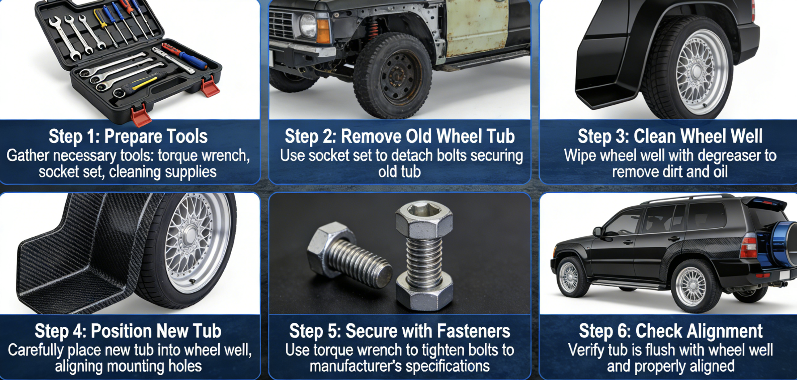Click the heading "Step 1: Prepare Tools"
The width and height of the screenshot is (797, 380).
click(x=128, y=137)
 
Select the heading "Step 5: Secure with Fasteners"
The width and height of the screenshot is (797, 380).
click(x=400, y=331)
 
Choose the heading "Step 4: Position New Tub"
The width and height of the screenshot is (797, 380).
click(x=128, y=331)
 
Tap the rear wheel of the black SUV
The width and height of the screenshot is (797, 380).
click(x=691, y=286)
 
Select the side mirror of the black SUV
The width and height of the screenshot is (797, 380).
click(x=597, y=231)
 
